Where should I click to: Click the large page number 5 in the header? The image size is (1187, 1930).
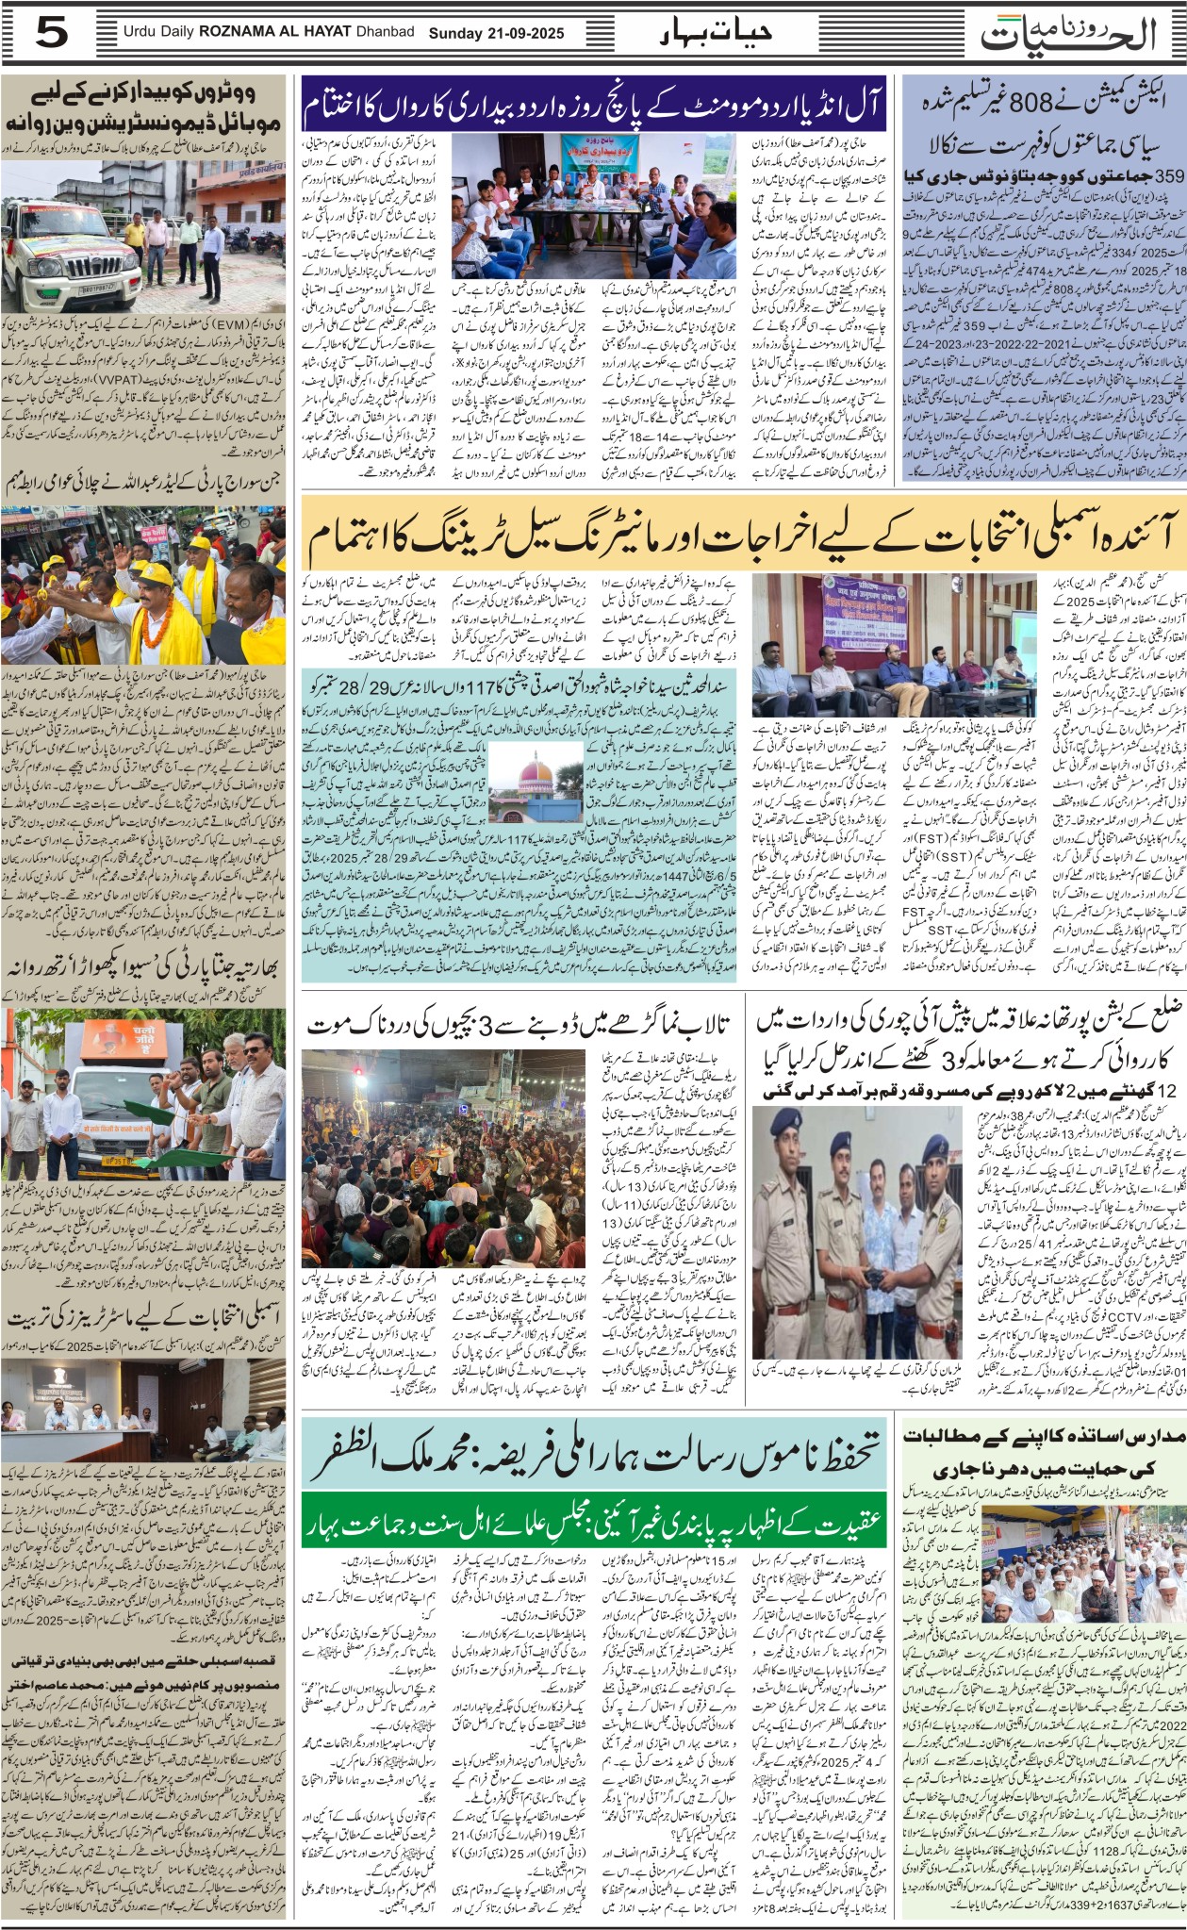(x=52, y=34)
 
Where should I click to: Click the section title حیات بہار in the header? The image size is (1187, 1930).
(x=717, y=31)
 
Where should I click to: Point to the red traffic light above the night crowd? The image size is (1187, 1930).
(x=358, y=1069)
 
